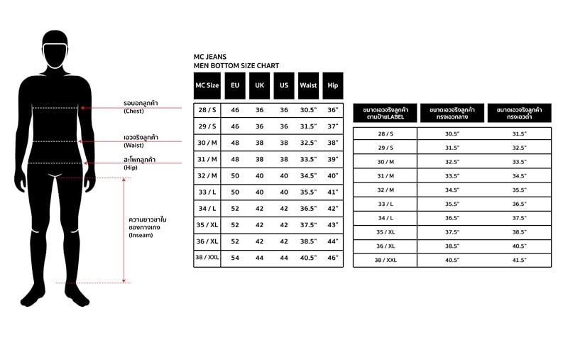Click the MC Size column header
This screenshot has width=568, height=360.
click(207, 85)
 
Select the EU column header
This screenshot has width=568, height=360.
click(235, 85)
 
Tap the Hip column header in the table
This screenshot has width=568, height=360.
click(332, 85)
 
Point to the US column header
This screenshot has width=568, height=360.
click(283, 85)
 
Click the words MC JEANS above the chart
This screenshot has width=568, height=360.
click(210, 57)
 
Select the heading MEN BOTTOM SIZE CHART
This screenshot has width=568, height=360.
click(236, 66)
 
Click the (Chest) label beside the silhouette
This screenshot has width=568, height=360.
click(133, 111)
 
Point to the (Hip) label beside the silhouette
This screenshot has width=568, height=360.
click(130, 168)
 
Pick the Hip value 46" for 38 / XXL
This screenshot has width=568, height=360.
click(332, 257)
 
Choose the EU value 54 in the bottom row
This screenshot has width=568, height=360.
click(235, 257)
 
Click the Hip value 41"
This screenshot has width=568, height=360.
click(332, 192)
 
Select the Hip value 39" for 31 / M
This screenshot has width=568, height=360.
click(332, 159)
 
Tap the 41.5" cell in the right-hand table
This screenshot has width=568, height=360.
click(519, 261)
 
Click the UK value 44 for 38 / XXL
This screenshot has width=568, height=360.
click(259, 257)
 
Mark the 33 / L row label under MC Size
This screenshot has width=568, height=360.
click(207, 192)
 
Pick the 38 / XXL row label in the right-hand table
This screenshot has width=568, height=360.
click(384, 261)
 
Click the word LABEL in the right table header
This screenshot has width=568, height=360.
click(396, 116)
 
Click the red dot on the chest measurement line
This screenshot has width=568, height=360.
click(83, 108)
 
